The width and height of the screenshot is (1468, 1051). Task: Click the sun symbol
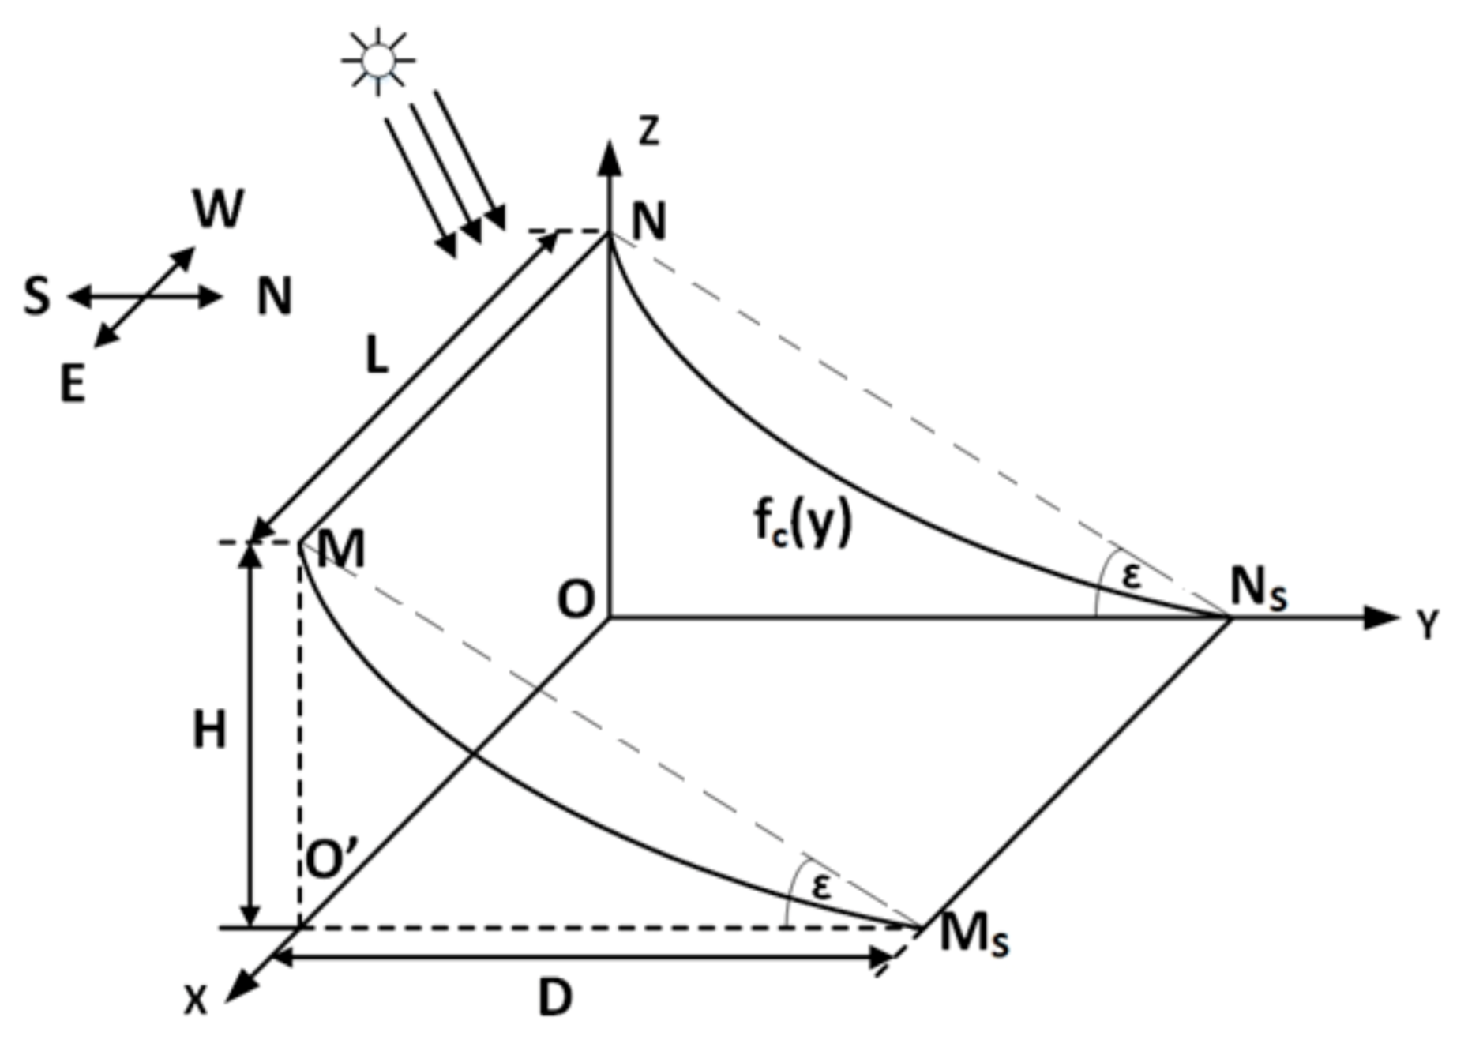point(378,61)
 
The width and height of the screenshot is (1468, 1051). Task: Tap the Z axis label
point(648,130)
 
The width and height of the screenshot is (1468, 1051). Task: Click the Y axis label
point(1427,625)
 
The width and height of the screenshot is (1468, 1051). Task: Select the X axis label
point(195,1000)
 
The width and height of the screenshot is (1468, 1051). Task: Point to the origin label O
point(576,600)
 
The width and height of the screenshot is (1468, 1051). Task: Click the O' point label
point(332,860)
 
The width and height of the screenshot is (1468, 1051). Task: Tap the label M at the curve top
point(341,549)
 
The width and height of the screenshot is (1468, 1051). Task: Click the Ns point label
point(1258,589)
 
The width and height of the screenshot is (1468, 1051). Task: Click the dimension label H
point(209,730)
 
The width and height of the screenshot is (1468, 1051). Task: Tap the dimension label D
point(555,998)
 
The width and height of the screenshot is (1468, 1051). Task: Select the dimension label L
point(377,355)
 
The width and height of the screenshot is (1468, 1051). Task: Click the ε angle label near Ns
point(1132,576)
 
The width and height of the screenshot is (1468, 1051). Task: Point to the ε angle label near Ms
point(821,887)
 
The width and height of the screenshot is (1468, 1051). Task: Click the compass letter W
point(219,209)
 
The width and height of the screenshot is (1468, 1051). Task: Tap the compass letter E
point(73,386)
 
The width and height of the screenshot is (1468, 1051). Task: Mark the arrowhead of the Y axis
point(1380,617)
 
